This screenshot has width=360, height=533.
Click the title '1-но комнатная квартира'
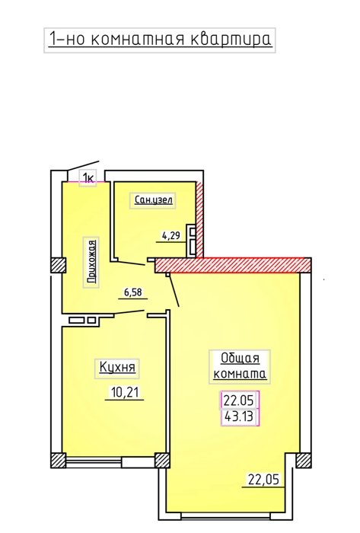point(160,39)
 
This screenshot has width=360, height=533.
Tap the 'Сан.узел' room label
point(153,199)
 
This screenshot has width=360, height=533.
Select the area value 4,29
point(170,235)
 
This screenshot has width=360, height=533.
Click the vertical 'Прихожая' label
point(91,262)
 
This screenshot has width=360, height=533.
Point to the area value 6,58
point(132,292)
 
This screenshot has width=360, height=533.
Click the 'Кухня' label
point(117,368)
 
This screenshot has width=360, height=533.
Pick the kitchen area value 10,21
point(125,393)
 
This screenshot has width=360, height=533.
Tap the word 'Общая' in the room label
point(240,359)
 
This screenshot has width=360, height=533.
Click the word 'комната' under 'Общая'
point(240,374)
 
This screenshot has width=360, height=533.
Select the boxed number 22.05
point(239,401)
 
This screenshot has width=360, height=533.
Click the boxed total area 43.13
point(239,416)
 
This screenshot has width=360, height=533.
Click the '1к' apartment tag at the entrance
point(88,177)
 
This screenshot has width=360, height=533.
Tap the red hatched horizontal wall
point(233,265)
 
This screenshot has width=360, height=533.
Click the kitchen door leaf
point(129,312)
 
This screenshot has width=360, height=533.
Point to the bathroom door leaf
point(131,263)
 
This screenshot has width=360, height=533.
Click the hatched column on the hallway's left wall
point(59,265)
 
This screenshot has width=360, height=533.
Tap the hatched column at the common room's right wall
point(303,461)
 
